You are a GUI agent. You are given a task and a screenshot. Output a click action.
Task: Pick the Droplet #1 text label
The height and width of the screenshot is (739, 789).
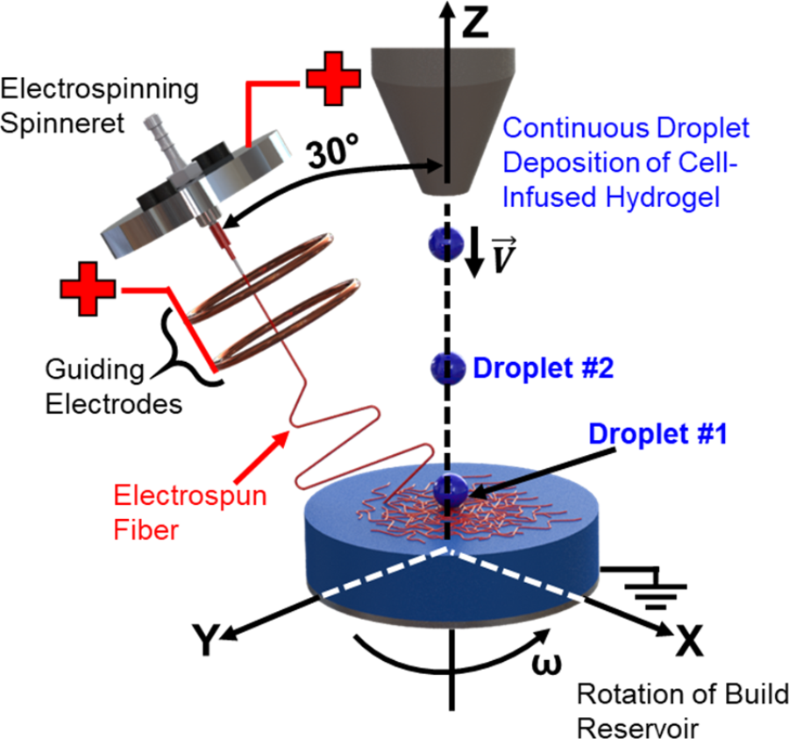657,433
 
